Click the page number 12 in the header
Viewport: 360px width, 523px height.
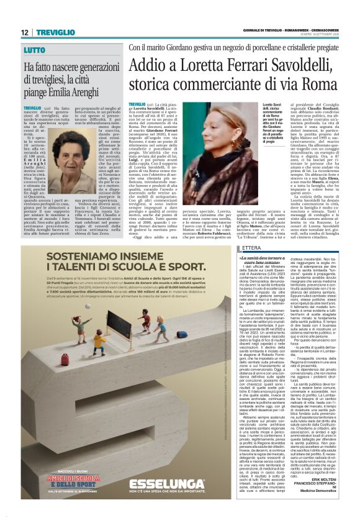(24, 32)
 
